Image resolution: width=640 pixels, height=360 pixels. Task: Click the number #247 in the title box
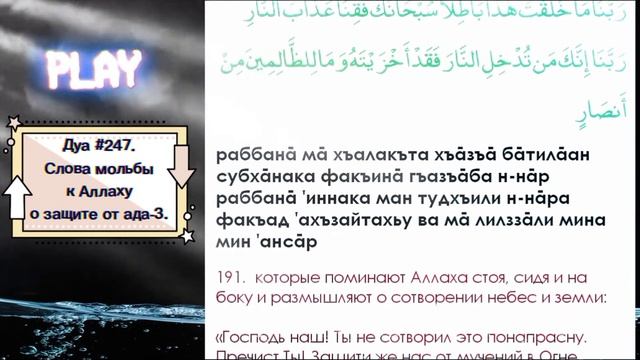(118, 143)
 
